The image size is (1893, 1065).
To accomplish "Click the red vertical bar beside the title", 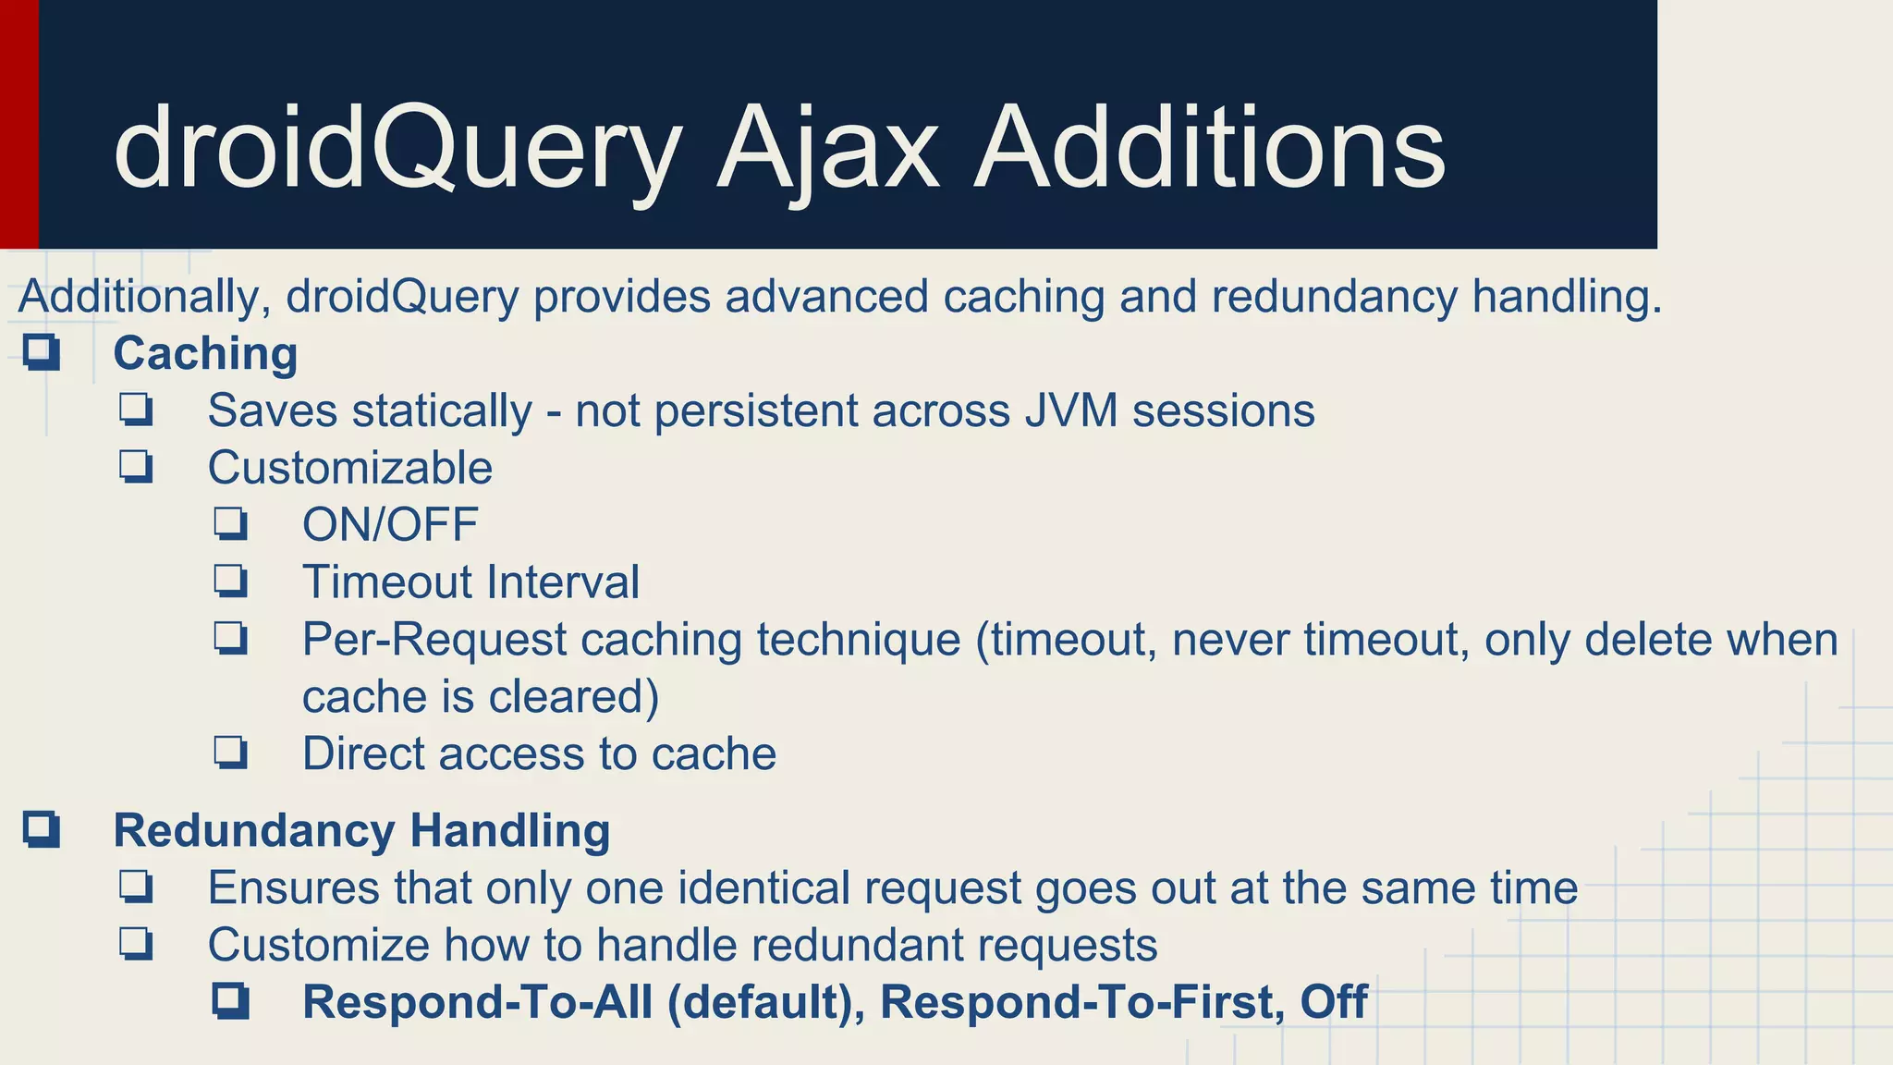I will [x=18, y=124].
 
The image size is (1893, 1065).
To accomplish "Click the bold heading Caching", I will [x=205, y=354].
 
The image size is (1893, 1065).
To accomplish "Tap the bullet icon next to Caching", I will [x=43, y=353].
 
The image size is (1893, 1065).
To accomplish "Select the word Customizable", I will [x=349, y=468].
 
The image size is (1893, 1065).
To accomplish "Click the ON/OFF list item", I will [x=390, y=525].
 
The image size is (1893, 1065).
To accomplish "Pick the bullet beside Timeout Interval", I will [x=231, y=581].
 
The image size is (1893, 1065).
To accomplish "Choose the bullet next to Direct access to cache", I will [x=231, y=753].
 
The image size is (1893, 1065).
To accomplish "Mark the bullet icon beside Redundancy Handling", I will [x=43, y=829].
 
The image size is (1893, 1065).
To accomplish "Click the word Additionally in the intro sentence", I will [x=144, y=297].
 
